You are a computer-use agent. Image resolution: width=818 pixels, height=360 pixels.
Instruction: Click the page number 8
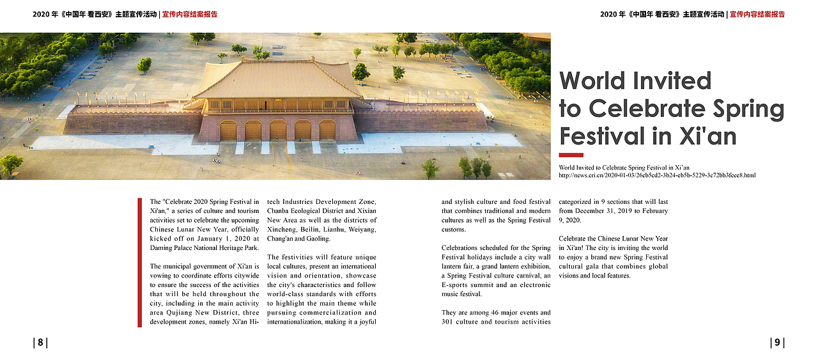[40, 343]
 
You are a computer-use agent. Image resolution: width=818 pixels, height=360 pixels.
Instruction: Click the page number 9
[777, 343]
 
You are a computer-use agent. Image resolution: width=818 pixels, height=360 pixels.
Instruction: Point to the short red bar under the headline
[571, 155]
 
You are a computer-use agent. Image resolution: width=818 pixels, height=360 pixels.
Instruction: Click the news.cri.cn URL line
[657, 175]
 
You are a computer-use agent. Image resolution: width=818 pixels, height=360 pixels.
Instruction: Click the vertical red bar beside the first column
[139, 263]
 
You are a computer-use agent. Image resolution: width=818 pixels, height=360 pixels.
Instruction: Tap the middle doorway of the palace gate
[278, 130]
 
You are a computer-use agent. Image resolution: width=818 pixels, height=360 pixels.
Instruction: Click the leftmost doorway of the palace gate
[228, 130]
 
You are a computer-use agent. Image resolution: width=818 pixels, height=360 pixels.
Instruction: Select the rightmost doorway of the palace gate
[327, 130]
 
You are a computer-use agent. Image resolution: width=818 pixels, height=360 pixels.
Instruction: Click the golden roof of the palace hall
[278, 80]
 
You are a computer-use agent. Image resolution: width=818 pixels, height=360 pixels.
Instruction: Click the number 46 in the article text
[482, 313]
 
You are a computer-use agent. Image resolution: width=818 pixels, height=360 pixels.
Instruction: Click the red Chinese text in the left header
[190, 14]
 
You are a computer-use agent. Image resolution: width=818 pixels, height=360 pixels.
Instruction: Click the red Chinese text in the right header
[757, 14]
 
